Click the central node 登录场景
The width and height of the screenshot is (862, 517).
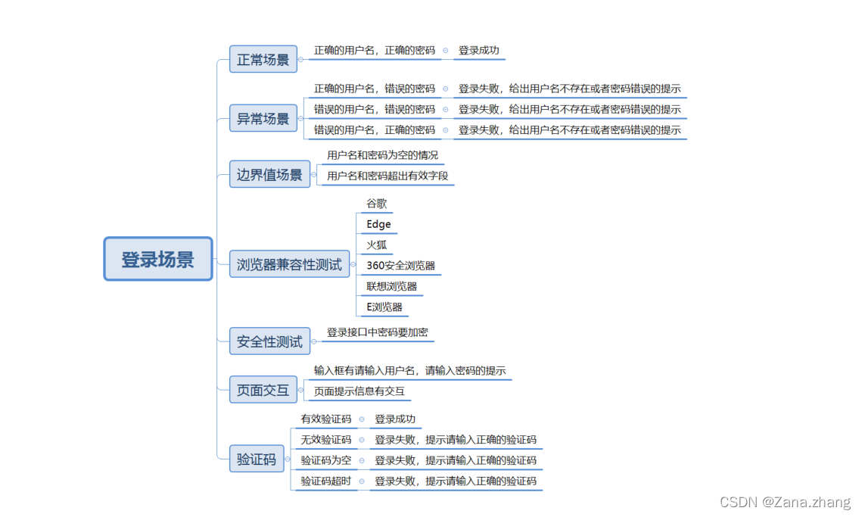point(157,260)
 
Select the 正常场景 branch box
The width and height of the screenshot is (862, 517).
point(263,59)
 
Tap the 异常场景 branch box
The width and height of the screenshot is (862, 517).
point(263,119)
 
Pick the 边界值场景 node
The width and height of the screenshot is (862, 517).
point(269,175)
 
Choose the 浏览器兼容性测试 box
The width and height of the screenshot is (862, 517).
point(289,265)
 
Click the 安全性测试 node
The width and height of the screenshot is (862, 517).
point(269,341)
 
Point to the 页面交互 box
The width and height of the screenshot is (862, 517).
point(263,391)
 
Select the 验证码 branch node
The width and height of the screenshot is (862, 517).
point(257,459)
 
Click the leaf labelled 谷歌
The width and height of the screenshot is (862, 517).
point(377,204)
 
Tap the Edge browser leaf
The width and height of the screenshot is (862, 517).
point(378,224)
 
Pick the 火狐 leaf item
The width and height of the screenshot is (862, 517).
point(377,245)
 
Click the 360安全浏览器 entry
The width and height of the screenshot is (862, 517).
point(400,266)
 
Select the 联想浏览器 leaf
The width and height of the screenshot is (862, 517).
point(391,287)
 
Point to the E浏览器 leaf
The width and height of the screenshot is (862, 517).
point(384,307)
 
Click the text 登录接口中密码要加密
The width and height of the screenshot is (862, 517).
point(378,332)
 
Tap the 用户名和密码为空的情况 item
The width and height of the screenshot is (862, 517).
point(382,155)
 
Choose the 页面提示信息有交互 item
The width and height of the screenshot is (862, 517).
point(359,391)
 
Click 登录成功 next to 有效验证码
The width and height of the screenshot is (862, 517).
point(395,419)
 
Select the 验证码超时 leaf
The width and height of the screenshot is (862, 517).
point(326,481)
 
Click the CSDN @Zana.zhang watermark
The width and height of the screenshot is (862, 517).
point(785,503)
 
